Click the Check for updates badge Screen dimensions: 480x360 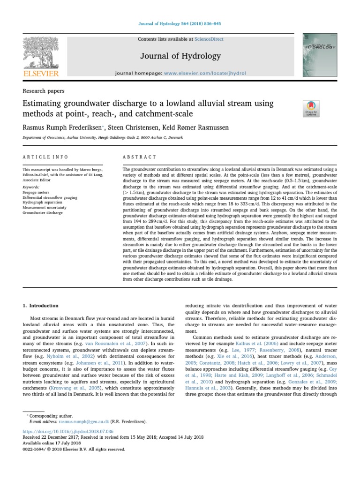311,108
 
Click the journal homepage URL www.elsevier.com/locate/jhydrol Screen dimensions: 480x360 205,74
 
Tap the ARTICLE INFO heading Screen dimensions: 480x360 45,157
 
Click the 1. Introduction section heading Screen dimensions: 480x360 41,306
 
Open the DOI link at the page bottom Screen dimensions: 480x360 67,431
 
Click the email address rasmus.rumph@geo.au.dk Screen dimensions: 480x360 75,421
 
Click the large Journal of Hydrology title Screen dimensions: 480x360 180,56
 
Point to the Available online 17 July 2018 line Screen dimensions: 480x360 52,443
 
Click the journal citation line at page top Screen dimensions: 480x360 180,24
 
